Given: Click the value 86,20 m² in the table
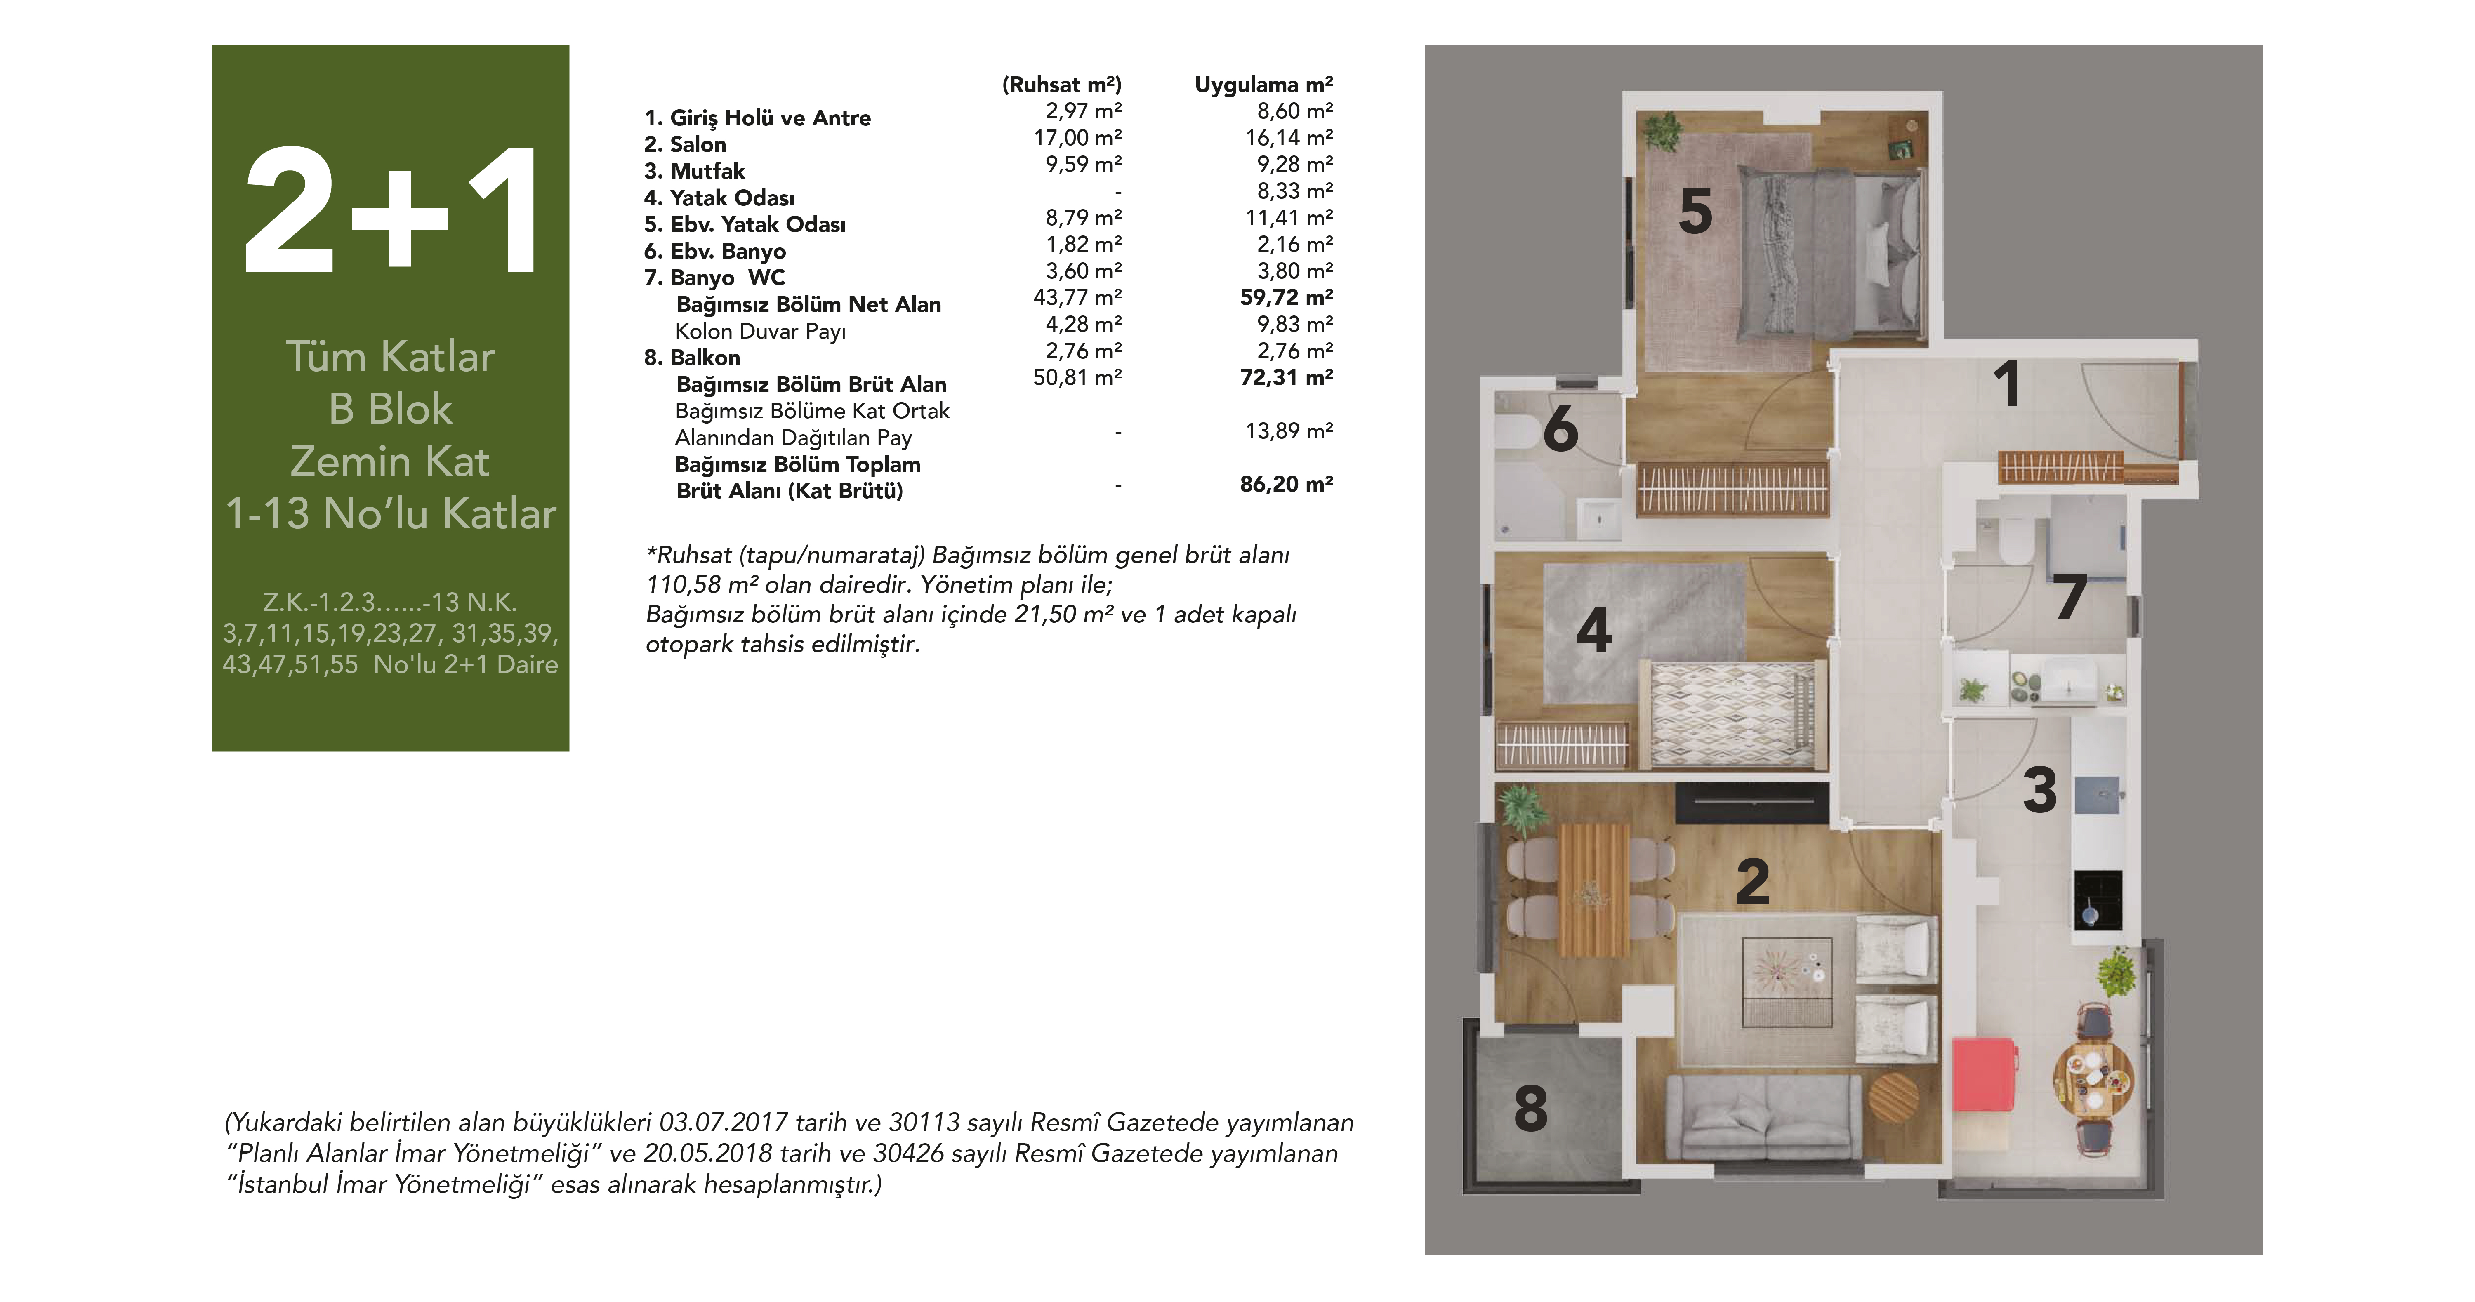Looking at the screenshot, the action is [x=1285, y=484].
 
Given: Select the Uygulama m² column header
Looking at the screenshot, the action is [x=1263, y=85].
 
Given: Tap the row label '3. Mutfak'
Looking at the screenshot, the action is [x=694, y=171].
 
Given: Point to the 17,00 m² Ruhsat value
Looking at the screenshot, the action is [x=1077, y=137].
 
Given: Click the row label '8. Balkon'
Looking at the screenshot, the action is [x=692, y=358].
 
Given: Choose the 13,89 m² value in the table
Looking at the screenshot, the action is [x=1288, y=431].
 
